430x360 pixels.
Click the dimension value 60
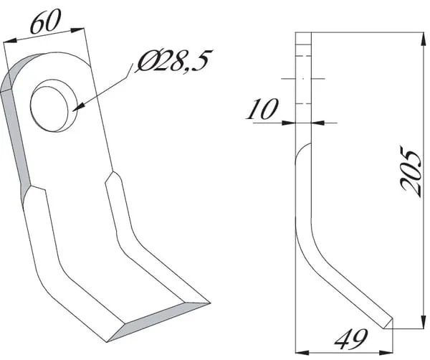point(44,22)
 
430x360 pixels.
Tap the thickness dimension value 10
point(262,109)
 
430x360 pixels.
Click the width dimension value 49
point(351,339)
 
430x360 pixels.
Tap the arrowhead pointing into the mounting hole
point(78,107)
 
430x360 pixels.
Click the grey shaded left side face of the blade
point(16,137)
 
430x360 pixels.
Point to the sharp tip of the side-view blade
point(393,318)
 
